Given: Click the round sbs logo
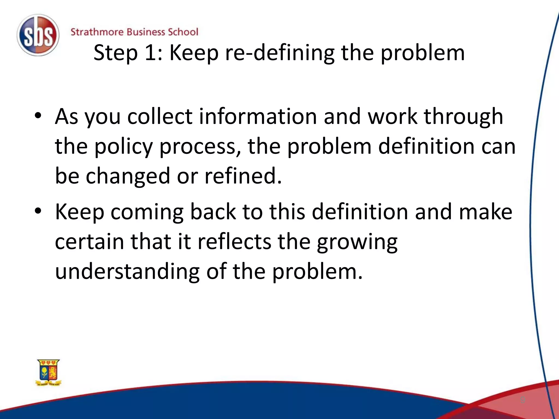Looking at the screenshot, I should tap(38, 35).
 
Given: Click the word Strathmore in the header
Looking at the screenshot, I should tap(97, 32).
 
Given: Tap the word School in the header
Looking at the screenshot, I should tap(183, 32).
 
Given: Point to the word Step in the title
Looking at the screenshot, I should tap(115, 53).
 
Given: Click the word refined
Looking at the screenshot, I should tap(243, 176).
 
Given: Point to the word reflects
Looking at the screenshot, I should tap(234, 242).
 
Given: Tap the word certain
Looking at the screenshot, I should tap(90, 242).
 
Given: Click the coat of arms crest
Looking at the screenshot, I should tap(49, 372).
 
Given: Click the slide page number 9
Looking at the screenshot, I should tap(522, 400).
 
